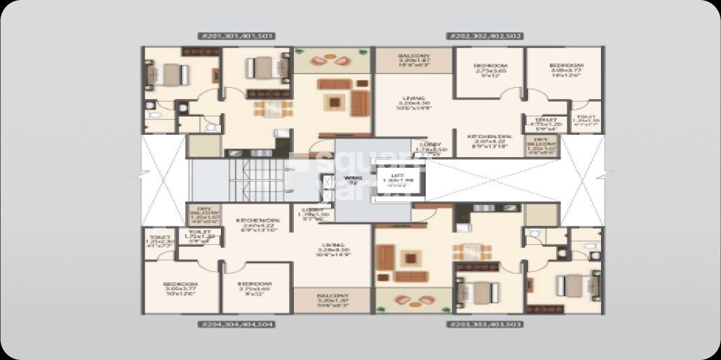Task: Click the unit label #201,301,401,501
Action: click(237, 36)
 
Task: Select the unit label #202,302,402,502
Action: click(484, 36)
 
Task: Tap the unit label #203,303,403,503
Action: click(484, 324)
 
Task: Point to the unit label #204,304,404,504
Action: click(237, 324)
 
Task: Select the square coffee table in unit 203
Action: click(407, 258)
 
